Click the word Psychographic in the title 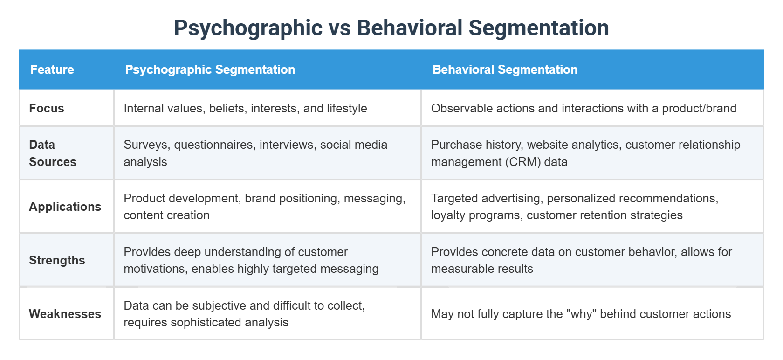(x=248, y=28)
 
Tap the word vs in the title (x=339, y=28)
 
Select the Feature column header (x=52, y=69)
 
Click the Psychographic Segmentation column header (x=210, y=69)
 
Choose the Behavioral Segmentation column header (x=505, y=69)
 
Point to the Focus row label (x=47, y=109)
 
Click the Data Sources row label (x=52, y=153)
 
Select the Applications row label (x=65, y=207)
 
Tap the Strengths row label (x=57, y=260)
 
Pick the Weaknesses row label (x=65, y=314)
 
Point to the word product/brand (x=699, y=109)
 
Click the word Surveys (x=147, y=145)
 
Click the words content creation (x=166, y=215)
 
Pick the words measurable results (x=482, y=269)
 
